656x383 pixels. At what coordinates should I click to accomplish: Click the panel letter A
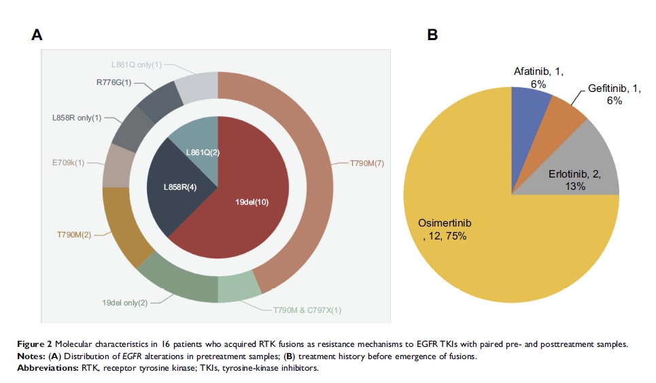tap(37, 36)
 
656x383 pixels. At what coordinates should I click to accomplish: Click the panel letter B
tap(432, 35)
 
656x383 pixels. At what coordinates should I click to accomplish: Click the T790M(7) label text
tap(367, 163)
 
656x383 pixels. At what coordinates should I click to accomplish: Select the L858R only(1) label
tap(77, 118)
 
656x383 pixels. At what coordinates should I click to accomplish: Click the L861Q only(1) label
tap(137, 65)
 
